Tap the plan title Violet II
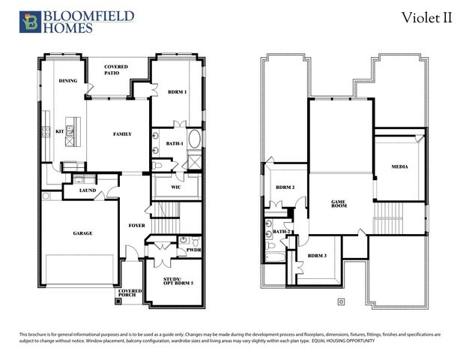tap(426, 18)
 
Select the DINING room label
tap(68, 80)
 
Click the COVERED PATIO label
tap(116, 70)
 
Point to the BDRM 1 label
tap(176, 91)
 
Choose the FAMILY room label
tap(121, 134)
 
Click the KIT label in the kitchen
tap(60, 132)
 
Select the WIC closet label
tap(176, 187)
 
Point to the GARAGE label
tap(82, 233)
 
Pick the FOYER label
tap(136, 224)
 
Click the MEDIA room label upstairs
tap(399, 166)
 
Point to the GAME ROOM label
tap(342, 204)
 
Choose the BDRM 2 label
tap(285, 187)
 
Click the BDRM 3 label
tap(318, 256)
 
